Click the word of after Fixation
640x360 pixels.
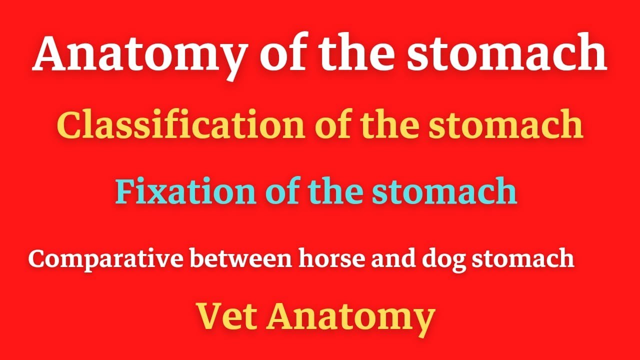pos(280,192)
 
